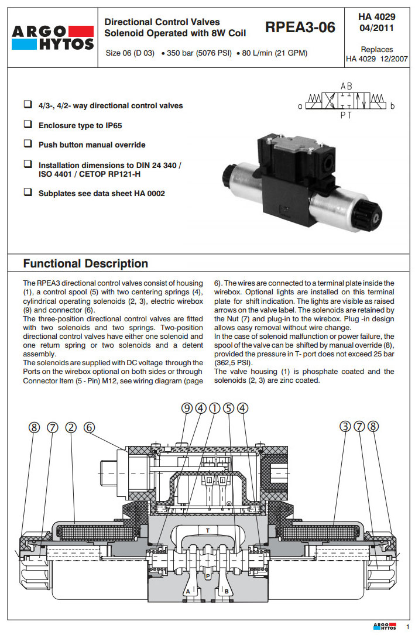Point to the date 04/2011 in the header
coord(376,28)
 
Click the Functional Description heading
coord(85,263)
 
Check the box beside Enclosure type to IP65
coord(28,125)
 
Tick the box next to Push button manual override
coord(28,145)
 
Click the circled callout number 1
coord(215,409)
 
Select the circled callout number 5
coord(228,409)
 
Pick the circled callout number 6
coord(89,427)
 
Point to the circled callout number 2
coord(71,427)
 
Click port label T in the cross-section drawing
coord(207,530)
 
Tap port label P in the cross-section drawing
coord(207,576)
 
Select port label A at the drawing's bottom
coord(188,592)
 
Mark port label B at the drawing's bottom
coord(227,592)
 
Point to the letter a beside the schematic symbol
coord(300,106)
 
